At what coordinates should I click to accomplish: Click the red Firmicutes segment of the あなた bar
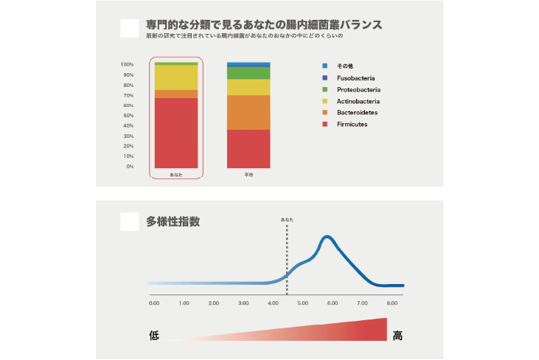(176, 133)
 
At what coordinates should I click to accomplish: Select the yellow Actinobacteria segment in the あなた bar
(176, 77)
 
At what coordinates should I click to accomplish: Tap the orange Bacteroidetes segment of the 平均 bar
(248, 112)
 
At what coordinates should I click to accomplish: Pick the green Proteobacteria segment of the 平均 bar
(248, 73)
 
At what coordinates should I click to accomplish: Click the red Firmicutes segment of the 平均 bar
(248, 148)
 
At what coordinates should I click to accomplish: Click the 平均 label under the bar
(248, 175)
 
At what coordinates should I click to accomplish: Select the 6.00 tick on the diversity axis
(332, 303)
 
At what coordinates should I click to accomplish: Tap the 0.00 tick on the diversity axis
(154, 303)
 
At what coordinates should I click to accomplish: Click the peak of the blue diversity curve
(327, 237)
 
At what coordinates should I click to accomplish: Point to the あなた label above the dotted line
(287, 220)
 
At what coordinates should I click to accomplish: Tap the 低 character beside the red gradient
(154, 336)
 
